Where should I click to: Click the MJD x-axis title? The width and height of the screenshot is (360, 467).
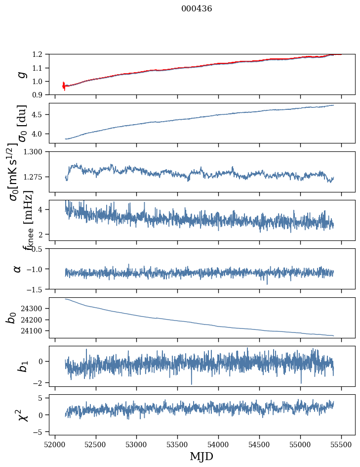coord(201,456)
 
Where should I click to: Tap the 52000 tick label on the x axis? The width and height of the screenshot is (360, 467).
coord(55,444)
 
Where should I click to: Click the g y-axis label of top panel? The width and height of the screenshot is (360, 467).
coord(21,74)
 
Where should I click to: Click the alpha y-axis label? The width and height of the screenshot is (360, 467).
coord(17,269)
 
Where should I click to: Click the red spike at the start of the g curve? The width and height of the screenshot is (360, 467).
coord(64,86)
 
